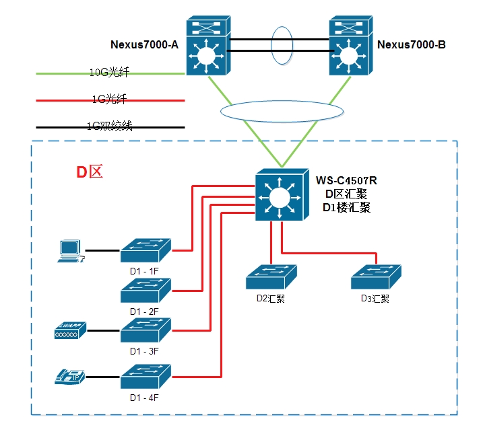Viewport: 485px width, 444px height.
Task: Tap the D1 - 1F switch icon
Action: click(146, 250)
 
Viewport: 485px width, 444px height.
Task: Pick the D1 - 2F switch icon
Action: click(146, 290)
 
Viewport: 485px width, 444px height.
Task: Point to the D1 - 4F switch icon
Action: click(146, 377)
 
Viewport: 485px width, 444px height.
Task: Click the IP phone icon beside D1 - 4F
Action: click(70, 377)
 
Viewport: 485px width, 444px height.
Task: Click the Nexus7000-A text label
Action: click(143, 45)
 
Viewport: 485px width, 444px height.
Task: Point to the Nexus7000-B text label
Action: click(412, 45)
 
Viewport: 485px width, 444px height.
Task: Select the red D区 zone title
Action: click(89, 172)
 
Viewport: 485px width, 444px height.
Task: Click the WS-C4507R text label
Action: click(346, 180)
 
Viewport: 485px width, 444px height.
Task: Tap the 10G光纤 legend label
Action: click(108, 71)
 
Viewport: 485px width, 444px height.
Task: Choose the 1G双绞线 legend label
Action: click(108, 125)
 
